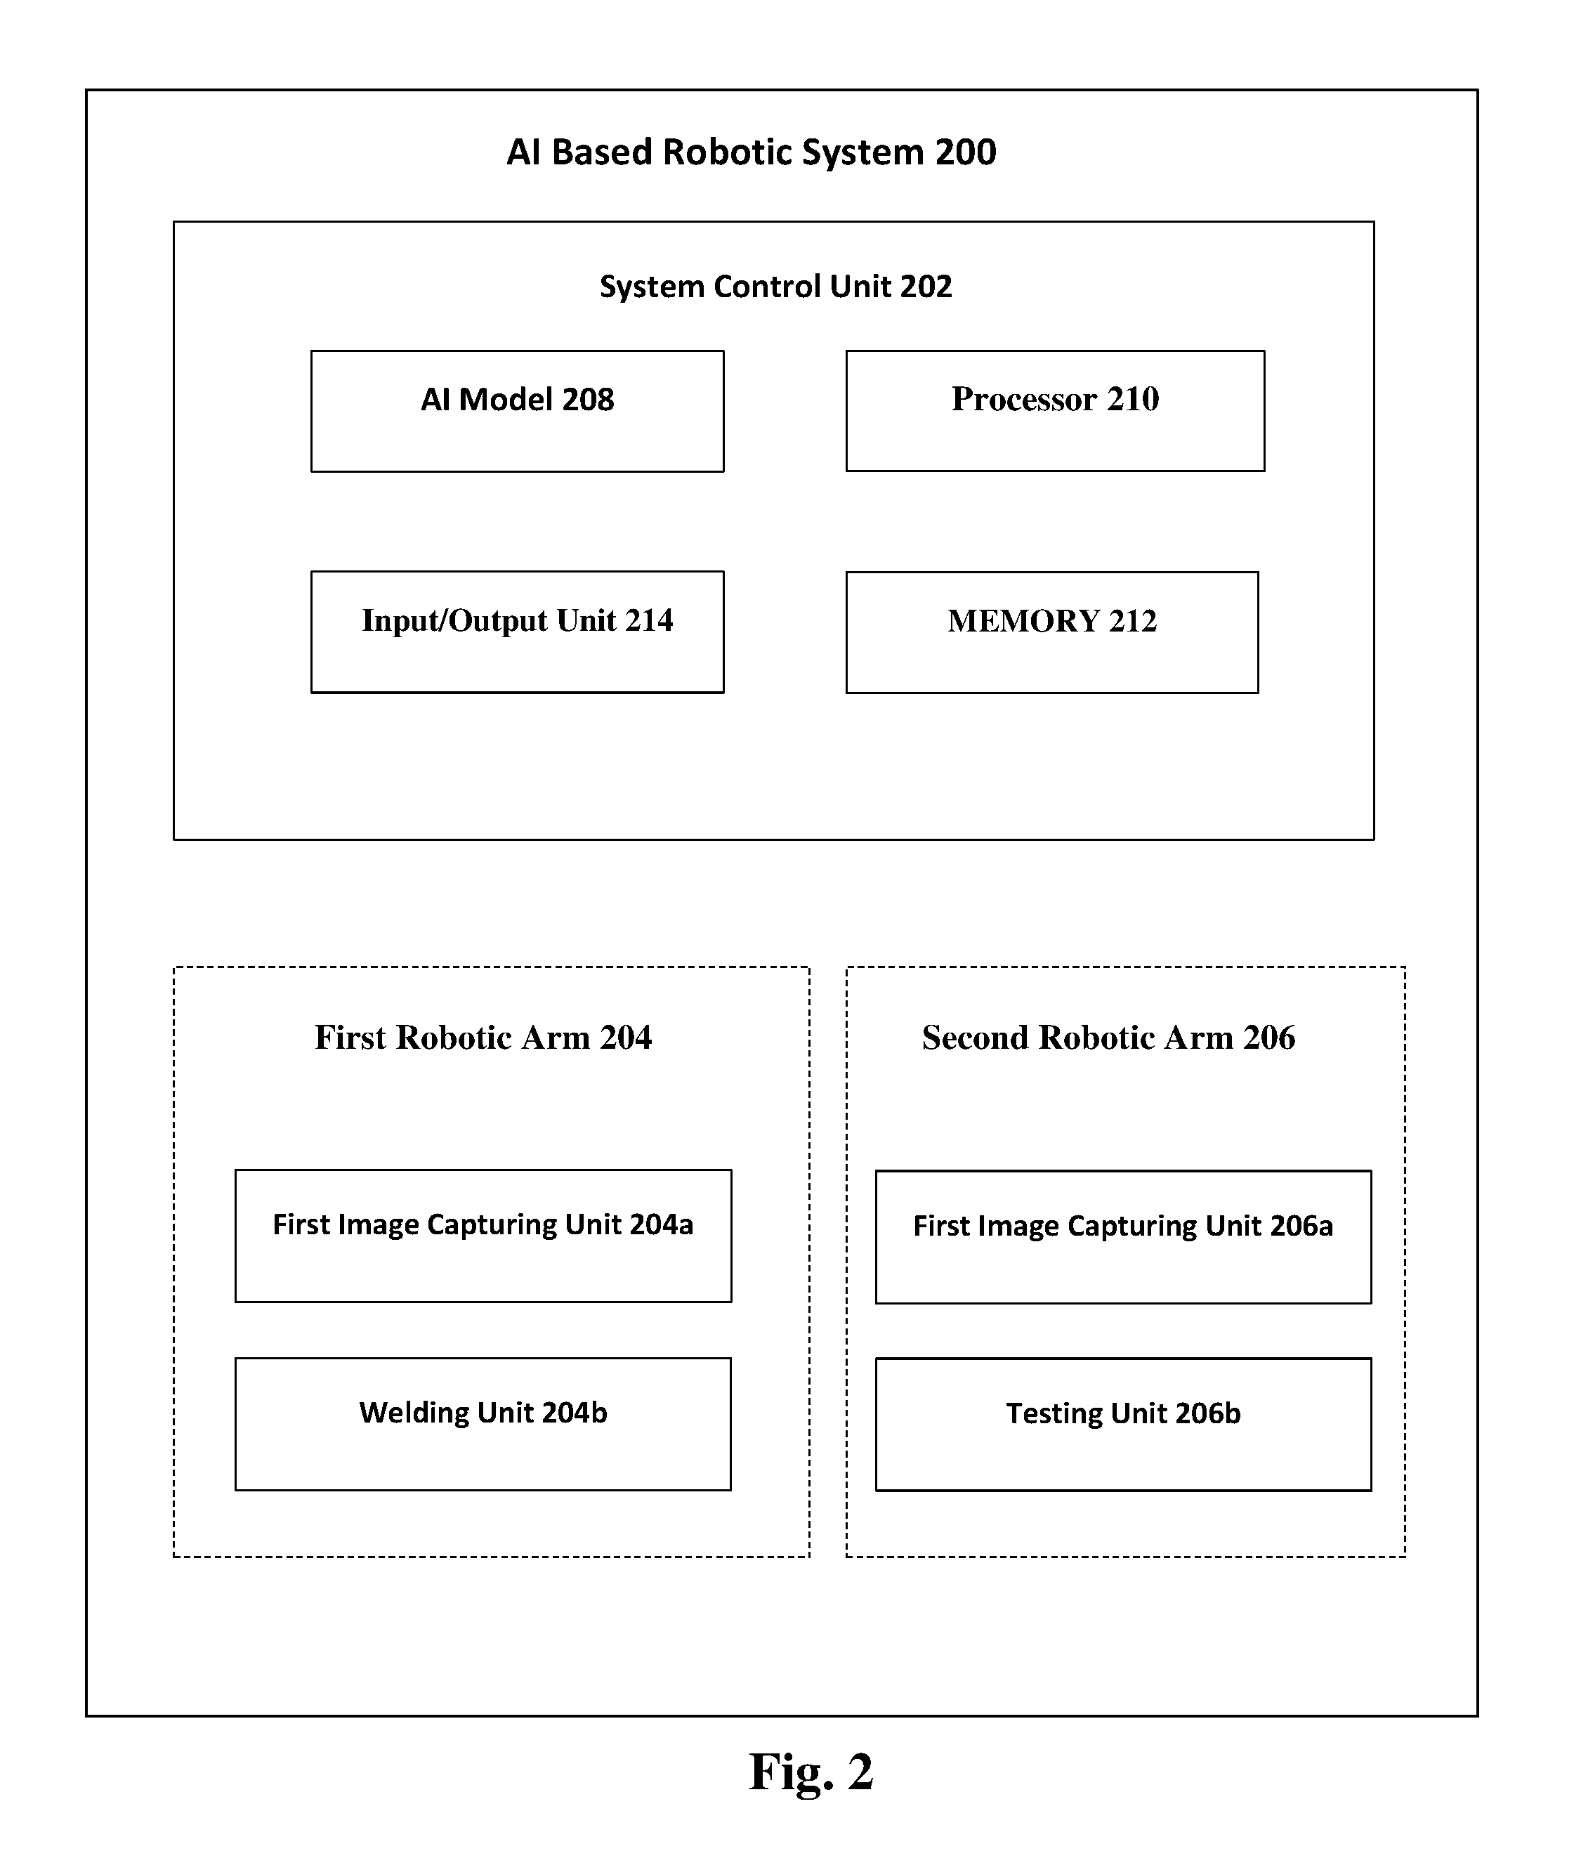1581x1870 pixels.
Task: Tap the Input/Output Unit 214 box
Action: point(517,632)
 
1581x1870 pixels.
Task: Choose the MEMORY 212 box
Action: point(1052,633)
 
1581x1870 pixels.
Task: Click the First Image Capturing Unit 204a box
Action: point(483,1236)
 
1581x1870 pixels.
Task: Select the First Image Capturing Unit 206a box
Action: point(1123,1236)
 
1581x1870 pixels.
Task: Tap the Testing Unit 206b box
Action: point(1123,1425)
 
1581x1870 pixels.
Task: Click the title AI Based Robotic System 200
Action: point(751,152)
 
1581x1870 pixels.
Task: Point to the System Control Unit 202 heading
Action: point(775,287)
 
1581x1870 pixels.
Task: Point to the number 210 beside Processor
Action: point(1133,399)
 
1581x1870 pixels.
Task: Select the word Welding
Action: point(414,1413)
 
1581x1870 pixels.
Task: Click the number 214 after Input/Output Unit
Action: point(649,620)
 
